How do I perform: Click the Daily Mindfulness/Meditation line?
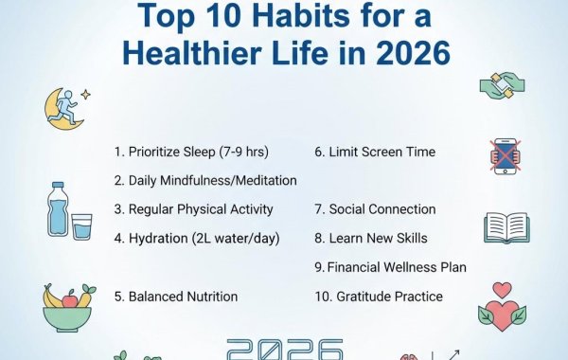pyautogui.click(x=205, y=180)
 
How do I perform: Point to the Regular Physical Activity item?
pyautogui.click(x=193, y=209)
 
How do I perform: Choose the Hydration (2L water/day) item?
pyautogui.click(x=197, y=238)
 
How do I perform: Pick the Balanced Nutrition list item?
pyautogui.click(x=176, y=297)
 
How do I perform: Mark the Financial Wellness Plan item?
pyautogui.click(x=390, y=267)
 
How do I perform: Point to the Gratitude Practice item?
pyautogui.click(x=379, y=297)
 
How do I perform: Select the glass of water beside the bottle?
pyautogui.click(x=81, y=226)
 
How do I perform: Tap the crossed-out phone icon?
pyautogui.click(x=505, y=154)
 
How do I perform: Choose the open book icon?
pyautogui.click(x=506, y=227)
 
